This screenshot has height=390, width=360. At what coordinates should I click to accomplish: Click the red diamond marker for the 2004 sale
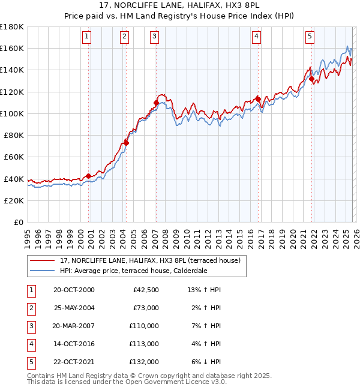point(127,143)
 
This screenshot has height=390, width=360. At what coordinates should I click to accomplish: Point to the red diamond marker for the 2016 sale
point(258,99)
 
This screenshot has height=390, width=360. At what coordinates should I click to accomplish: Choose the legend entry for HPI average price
point(133,271)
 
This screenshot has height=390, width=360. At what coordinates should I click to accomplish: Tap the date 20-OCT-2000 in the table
point(74,290)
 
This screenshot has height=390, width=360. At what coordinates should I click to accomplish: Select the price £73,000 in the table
point(146,308)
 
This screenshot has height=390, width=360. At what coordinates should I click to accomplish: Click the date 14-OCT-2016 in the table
point(74,344)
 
